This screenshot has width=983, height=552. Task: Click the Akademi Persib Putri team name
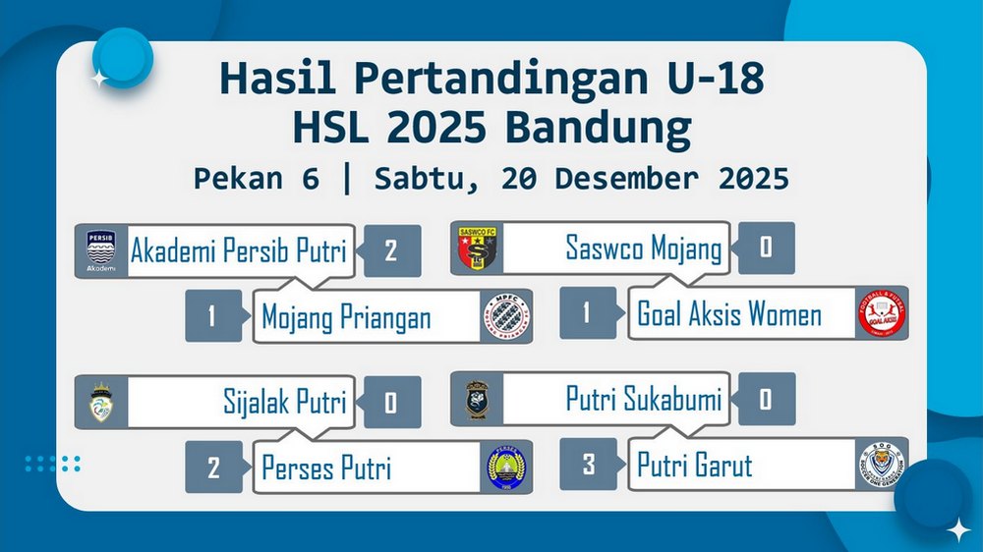point(238,250)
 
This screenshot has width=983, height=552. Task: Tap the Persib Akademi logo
point(101,250)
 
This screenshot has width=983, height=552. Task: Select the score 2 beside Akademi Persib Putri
point(390,250)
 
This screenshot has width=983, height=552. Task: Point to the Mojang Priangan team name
point(346,316)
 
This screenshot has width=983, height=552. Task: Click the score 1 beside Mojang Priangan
point(212,316)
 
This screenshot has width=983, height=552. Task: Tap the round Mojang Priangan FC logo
point(506,316)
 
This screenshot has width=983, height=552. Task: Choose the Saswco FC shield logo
point(477,248)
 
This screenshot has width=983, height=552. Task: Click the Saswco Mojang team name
point(644,248)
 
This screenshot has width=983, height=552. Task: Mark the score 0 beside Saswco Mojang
point(766,248)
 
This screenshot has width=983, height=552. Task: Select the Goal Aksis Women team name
point(729,313)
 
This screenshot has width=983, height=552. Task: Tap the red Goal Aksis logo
point(882,312)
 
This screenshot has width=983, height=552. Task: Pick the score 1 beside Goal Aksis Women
point(587,312)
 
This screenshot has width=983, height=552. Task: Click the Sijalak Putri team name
point(285,402)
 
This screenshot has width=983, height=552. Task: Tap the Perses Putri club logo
point(506,469)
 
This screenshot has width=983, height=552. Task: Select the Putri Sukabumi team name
point(644,399)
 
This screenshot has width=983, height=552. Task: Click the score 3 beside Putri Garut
point(588,465)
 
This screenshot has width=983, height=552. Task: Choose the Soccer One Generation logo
point(882,465)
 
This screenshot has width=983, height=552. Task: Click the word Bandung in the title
point(598,129)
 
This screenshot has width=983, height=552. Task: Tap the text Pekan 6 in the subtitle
point(257,179)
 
